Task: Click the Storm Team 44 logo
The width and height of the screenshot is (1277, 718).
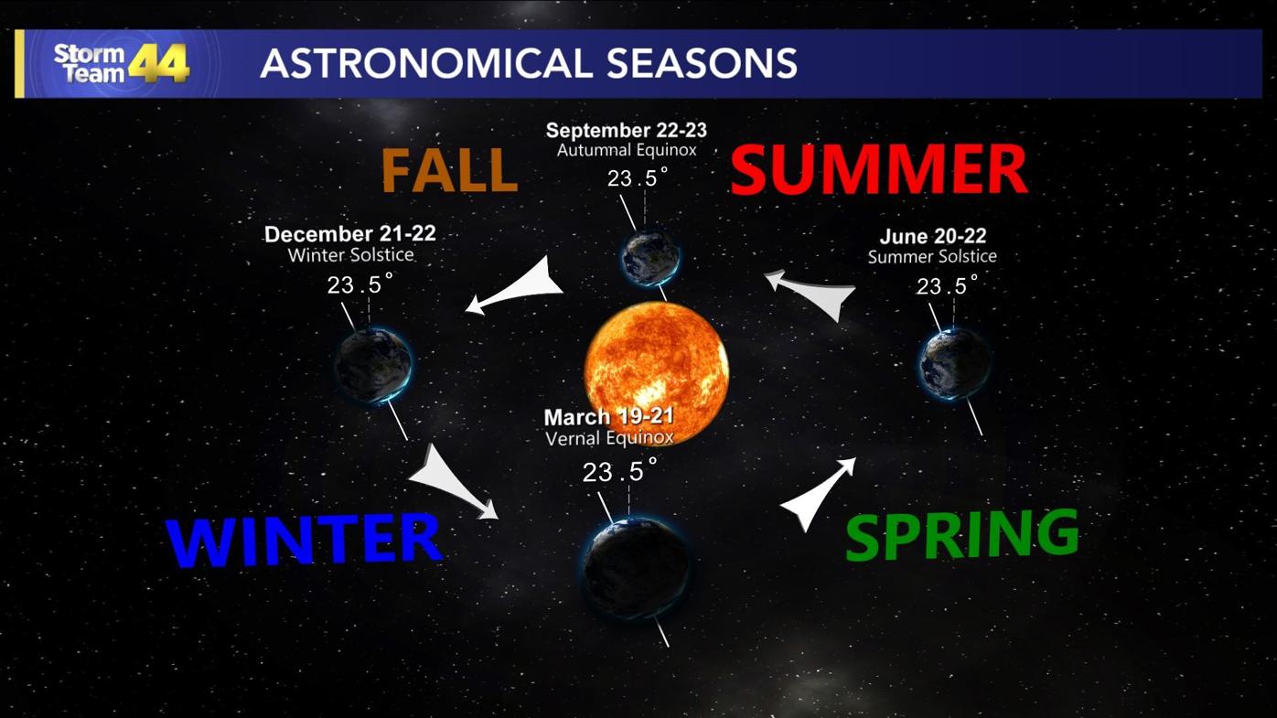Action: tap(121, 63)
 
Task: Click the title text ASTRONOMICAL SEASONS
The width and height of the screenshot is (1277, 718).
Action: tap(528, 63)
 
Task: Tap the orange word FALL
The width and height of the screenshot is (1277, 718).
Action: tap(449, 170)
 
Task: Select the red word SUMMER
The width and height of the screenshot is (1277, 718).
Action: tap(878, 169)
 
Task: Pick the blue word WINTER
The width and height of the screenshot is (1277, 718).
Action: tap(303, 540)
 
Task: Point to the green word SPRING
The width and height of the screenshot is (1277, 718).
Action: tap(961, 534)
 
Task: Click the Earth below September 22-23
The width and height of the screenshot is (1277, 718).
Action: tap(649, 257)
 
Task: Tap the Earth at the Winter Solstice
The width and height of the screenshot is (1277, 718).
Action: tap(373, 366)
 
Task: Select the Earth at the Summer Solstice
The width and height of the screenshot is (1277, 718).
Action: tap(954, 363)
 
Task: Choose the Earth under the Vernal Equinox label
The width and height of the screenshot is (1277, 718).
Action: tap(637, 568)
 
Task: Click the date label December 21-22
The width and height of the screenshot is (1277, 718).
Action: tap(349, 234)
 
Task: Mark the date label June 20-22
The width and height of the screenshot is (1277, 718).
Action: tap(932, 237)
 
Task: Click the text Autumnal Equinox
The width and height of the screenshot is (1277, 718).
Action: tap(627, 150)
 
